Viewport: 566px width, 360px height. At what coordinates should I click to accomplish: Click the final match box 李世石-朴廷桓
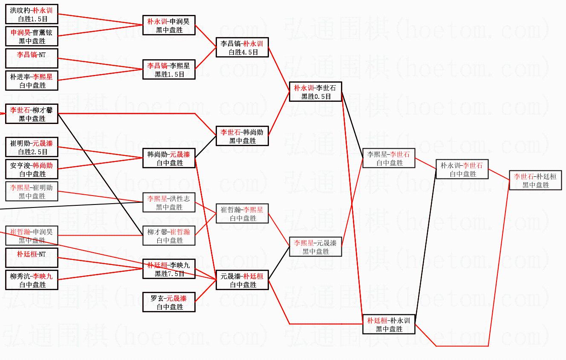point(535,180)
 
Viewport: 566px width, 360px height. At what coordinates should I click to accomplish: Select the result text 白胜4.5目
point(243,52)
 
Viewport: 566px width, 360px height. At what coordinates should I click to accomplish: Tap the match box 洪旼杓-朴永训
point(32,14)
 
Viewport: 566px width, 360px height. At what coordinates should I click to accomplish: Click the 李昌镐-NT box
point(32,59)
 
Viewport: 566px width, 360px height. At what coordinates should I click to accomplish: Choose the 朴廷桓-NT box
point(32,258)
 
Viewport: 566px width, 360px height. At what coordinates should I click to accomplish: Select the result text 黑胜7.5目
point(169,274)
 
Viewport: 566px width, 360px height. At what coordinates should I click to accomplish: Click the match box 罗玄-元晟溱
point(169,302)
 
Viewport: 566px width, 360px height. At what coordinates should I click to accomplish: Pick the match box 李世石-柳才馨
point(32,114)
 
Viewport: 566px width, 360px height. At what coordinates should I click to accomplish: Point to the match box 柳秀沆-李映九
point(32,280)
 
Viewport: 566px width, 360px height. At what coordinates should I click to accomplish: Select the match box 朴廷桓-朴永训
point(389,324)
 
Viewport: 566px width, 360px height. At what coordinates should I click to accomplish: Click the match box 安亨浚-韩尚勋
point(32,169)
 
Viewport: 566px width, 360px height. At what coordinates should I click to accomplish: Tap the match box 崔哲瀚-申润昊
point(32,236)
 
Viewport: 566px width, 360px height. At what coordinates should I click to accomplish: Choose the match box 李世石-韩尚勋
point(242,136)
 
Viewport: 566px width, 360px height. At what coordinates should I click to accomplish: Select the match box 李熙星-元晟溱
point(315,247)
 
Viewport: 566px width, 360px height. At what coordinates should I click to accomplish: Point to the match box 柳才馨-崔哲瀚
point(169,236)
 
